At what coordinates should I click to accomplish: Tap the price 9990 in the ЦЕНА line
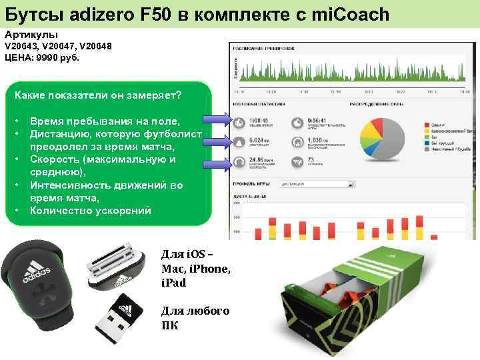pos(47,58)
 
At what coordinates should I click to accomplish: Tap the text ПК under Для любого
pos(170,326)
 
